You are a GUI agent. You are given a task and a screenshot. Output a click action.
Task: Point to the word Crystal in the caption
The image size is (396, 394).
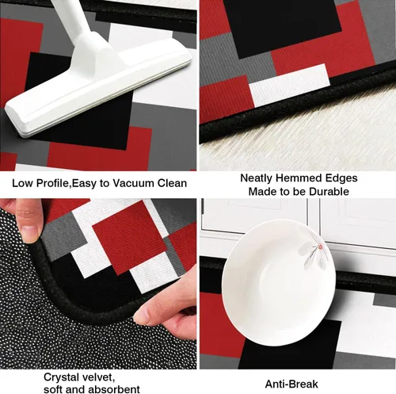pos(61,377)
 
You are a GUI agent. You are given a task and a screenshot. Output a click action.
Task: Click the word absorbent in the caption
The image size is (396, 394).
pos(114,389)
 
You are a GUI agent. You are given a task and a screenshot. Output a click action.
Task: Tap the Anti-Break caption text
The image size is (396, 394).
pos(291,384)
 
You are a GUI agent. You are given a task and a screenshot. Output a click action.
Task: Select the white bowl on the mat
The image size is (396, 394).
pos(278,282)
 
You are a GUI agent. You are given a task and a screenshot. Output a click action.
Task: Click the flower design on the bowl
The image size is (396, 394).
pos(314,255)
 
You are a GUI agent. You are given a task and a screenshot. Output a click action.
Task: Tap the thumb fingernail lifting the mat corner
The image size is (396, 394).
pos(29,233)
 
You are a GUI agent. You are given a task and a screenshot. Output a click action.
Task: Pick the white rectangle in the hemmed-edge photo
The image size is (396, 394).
pos(290,85)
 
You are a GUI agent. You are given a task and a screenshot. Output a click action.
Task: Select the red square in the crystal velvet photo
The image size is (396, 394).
pos(130,237)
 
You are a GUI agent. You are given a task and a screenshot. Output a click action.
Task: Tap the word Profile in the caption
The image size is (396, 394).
pos(52,183)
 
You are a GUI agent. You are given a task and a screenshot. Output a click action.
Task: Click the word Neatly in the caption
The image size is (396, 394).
pos(257,178)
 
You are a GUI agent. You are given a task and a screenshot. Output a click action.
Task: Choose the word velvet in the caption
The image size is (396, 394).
pos(97,377)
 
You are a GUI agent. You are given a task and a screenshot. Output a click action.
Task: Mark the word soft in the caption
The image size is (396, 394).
pos(52,389)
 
